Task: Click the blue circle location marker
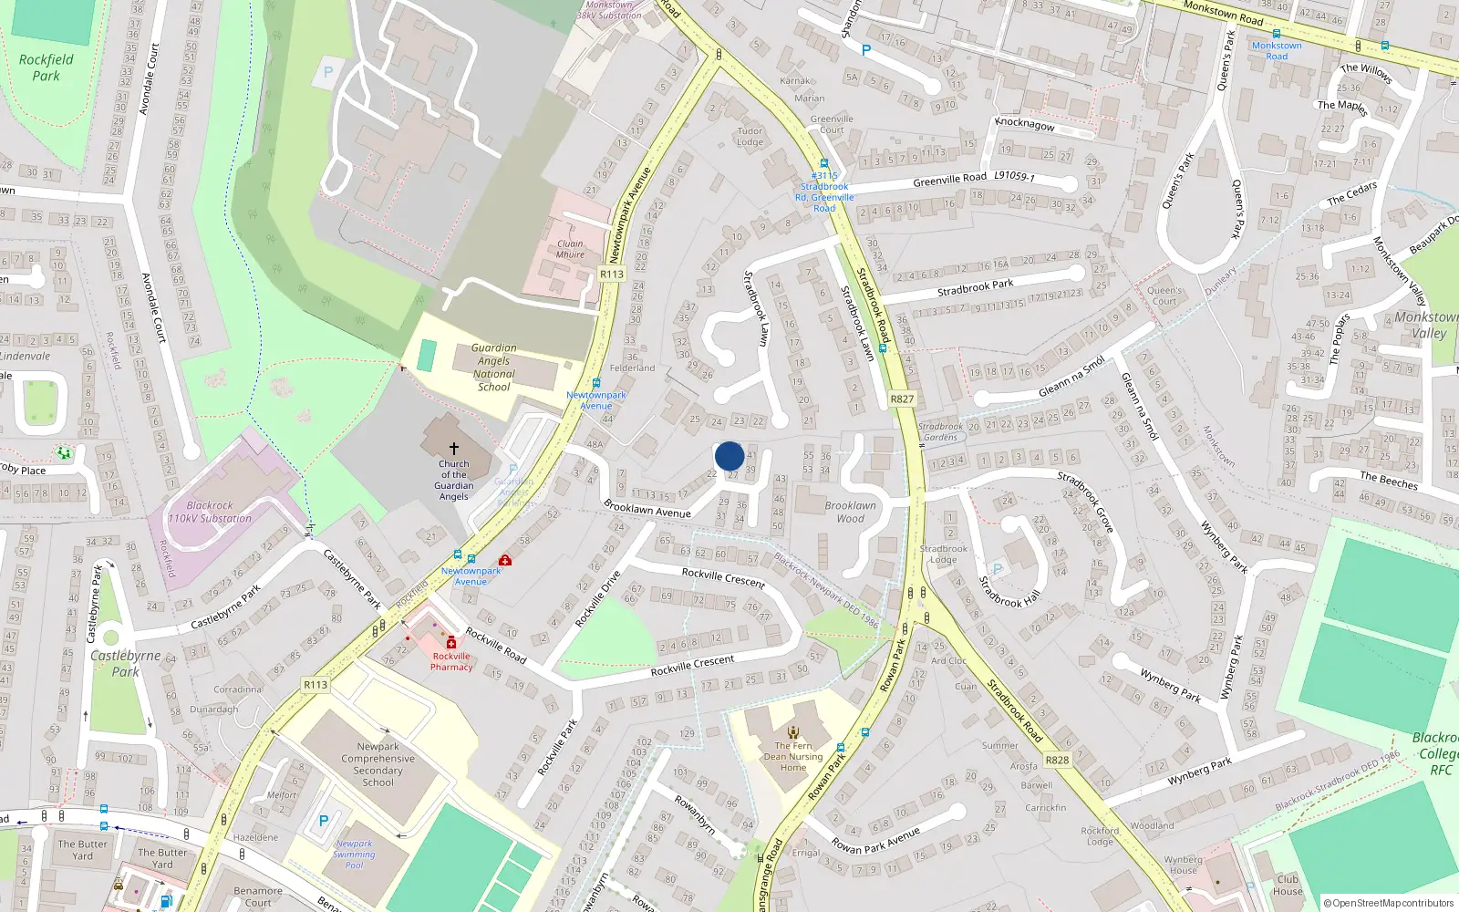(729, 456)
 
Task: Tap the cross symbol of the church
(453, 449)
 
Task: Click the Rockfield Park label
(46, 67)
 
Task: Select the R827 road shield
(901, 399)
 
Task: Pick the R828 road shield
(1057, 760)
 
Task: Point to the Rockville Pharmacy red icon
(451, 643)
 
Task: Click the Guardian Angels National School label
(494, 368)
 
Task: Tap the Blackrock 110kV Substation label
(210, 512)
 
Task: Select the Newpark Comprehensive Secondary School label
(378, 764)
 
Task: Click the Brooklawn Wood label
(850, 512)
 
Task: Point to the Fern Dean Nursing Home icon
(793, 731)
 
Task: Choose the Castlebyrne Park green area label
(126, 663)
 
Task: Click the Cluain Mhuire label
(570, 249)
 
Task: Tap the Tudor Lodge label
(750, 136)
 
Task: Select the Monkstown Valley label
(1426, 326)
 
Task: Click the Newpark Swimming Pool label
(354, 855)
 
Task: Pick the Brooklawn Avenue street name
(647, 510)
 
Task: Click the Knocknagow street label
(1024, 124)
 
